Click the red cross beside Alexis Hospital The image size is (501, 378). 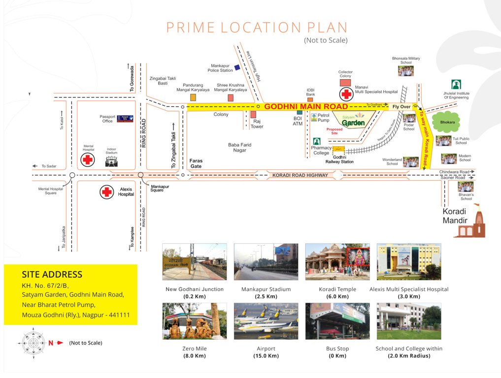click(107, 192)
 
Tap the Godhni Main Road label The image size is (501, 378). click(306, 106)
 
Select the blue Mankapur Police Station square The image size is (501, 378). click(237, 67)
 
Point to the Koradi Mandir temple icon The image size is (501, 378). click(470, 222)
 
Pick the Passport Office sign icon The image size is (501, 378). click(125, 119)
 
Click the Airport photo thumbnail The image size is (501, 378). click(266, 321)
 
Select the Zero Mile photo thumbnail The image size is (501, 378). click(195, 321)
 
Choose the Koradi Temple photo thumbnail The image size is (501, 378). click(337, 261)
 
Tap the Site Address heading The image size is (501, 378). click(52, 275)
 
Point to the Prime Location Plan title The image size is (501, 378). click(257, 27)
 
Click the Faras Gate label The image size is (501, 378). click(196, 164)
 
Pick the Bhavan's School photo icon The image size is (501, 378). click(466, 187)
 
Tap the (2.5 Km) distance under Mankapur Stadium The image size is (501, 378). click(266, 296)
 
